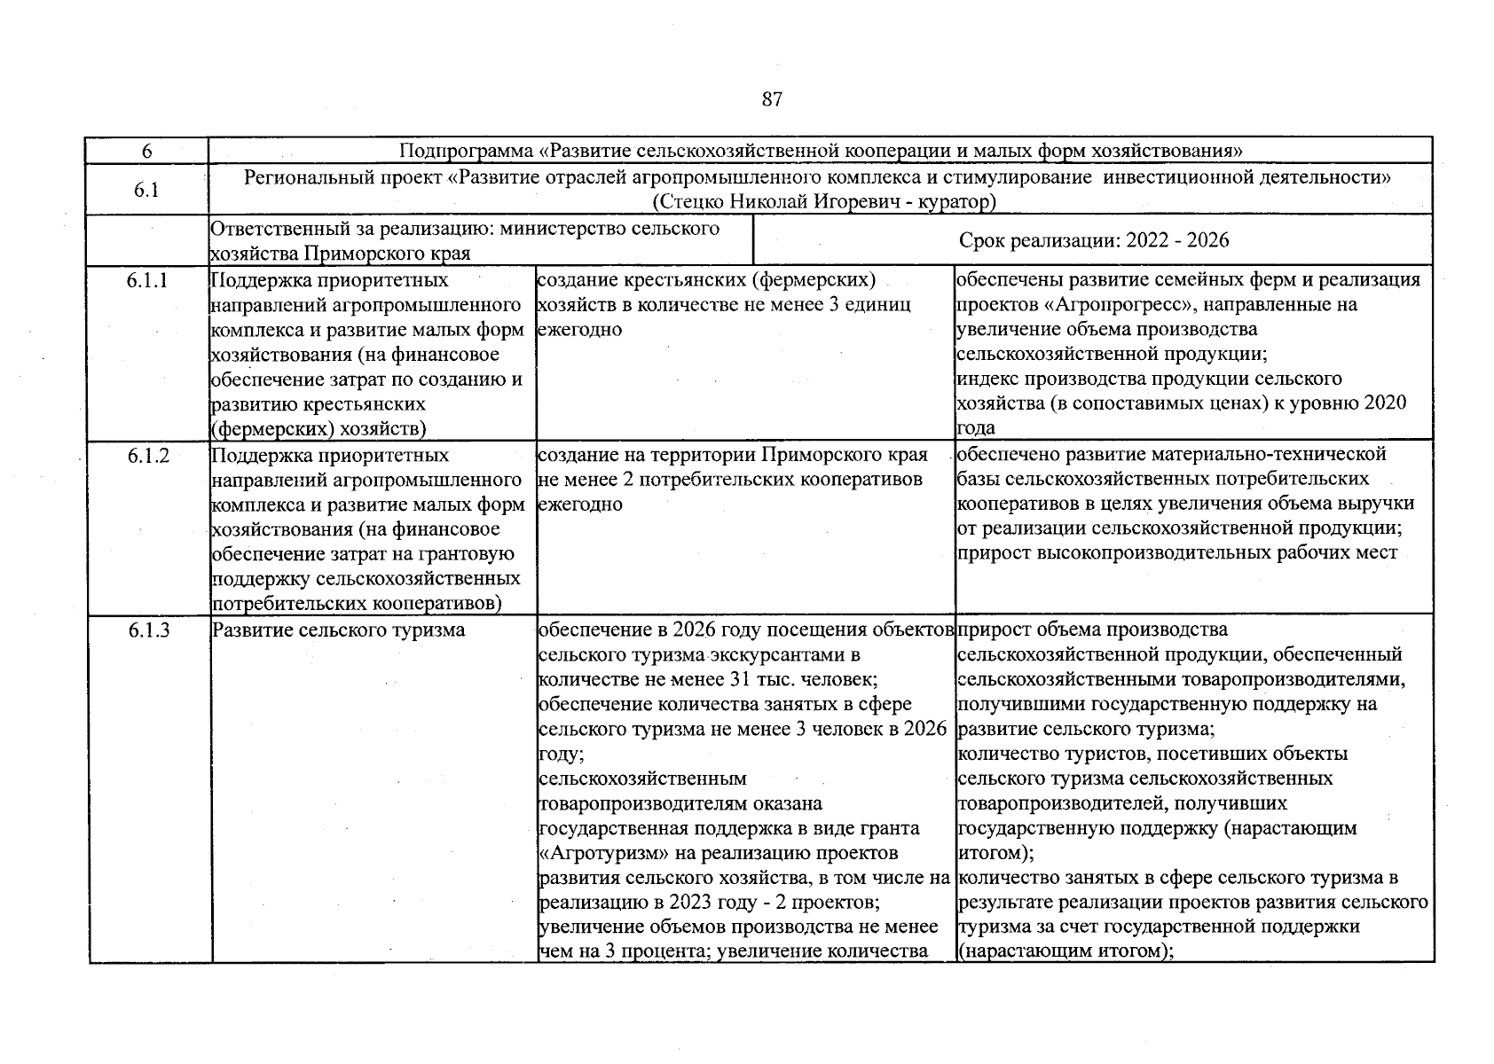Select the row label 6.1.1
coord(147,281)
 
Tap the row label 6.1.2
coord(147,456)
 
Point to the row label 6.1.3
coord(147,630)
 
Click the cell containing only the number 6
coord(146,152)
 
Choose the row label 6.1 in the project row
coord(146,190)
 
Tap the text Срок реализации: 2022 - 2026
coord(1093,240)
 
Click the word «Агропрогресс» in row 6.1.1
coord(1089,305)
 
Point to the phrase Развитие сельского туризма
coord(338,630)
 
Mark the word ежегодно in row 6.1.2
coord(580,505)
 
